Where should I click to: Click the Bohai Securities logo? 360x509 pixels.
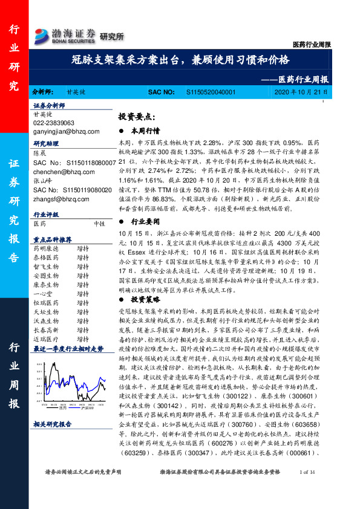[x=65, y=35]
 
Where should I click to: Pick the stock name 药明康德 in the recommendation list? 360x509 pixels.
[x=45, y=248]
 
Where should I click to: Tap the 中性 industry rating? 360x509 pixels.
[x=100, y=223]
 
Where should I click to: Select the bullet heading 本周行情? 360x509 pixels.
[x=146, y=130]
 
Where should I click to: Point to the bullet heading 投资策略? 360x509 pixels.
[x=146, y=299]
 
